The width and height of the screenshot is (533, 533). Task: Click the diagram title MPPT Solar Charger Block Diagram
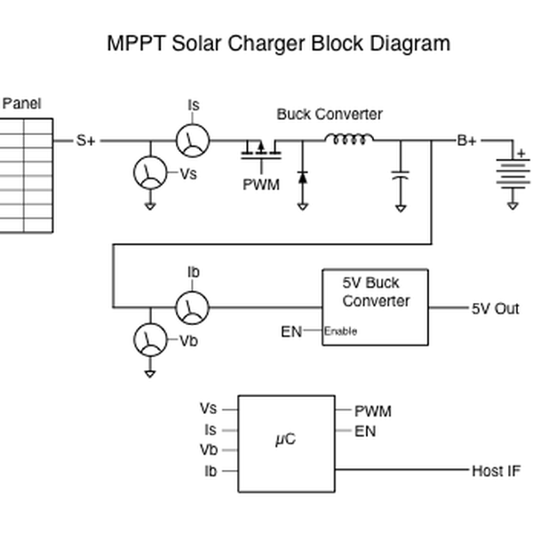pyautogui.click(x=278, y=43)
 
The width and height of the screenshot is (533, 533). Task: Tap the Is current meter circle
pyautogui.click(x=192, y=140)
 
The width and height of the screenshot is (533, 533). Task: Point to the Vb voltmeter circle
pyautogui.click(x=149, y=339)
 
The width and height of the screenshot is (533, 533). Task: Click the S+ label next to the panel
pyautogui.click(x=86, y=140)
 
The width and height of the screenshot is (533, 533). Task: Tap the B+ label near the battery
pyautogui.click(x=466, y=140)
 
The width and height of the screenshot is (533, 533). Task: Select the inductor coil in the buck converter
pyautogui.click(x=348, y=138)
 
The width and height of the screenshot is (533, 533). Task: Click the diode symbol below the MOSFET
pyautogui.click(x=302, y=176)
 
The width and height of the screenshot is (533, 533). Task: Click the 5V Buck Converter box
pyautogui.click(x=374, y=307)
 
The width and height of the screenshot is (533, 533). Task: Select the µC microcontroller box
pyautogui.click(x=286, y=443)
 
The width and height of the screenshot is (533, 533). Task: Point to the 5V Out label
pyautogui.click(x=495, y=309)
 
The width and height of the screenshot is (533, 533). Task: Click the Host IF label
pyautogui.click(x=496, y=471)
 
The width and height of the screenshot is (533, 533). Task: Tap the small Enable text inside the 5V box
pyautogui.click(x=340, y=331)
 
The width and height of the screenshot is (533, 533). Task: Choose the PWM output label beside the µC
pyautogui.click(x=372, y=411)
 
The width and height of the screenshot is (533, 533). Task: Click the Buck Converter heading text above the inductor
pyautogui.click(x=330, y=115)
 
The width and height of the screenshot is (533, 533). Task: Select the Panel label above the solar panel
pyautogui.click(x=21, y=104)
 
